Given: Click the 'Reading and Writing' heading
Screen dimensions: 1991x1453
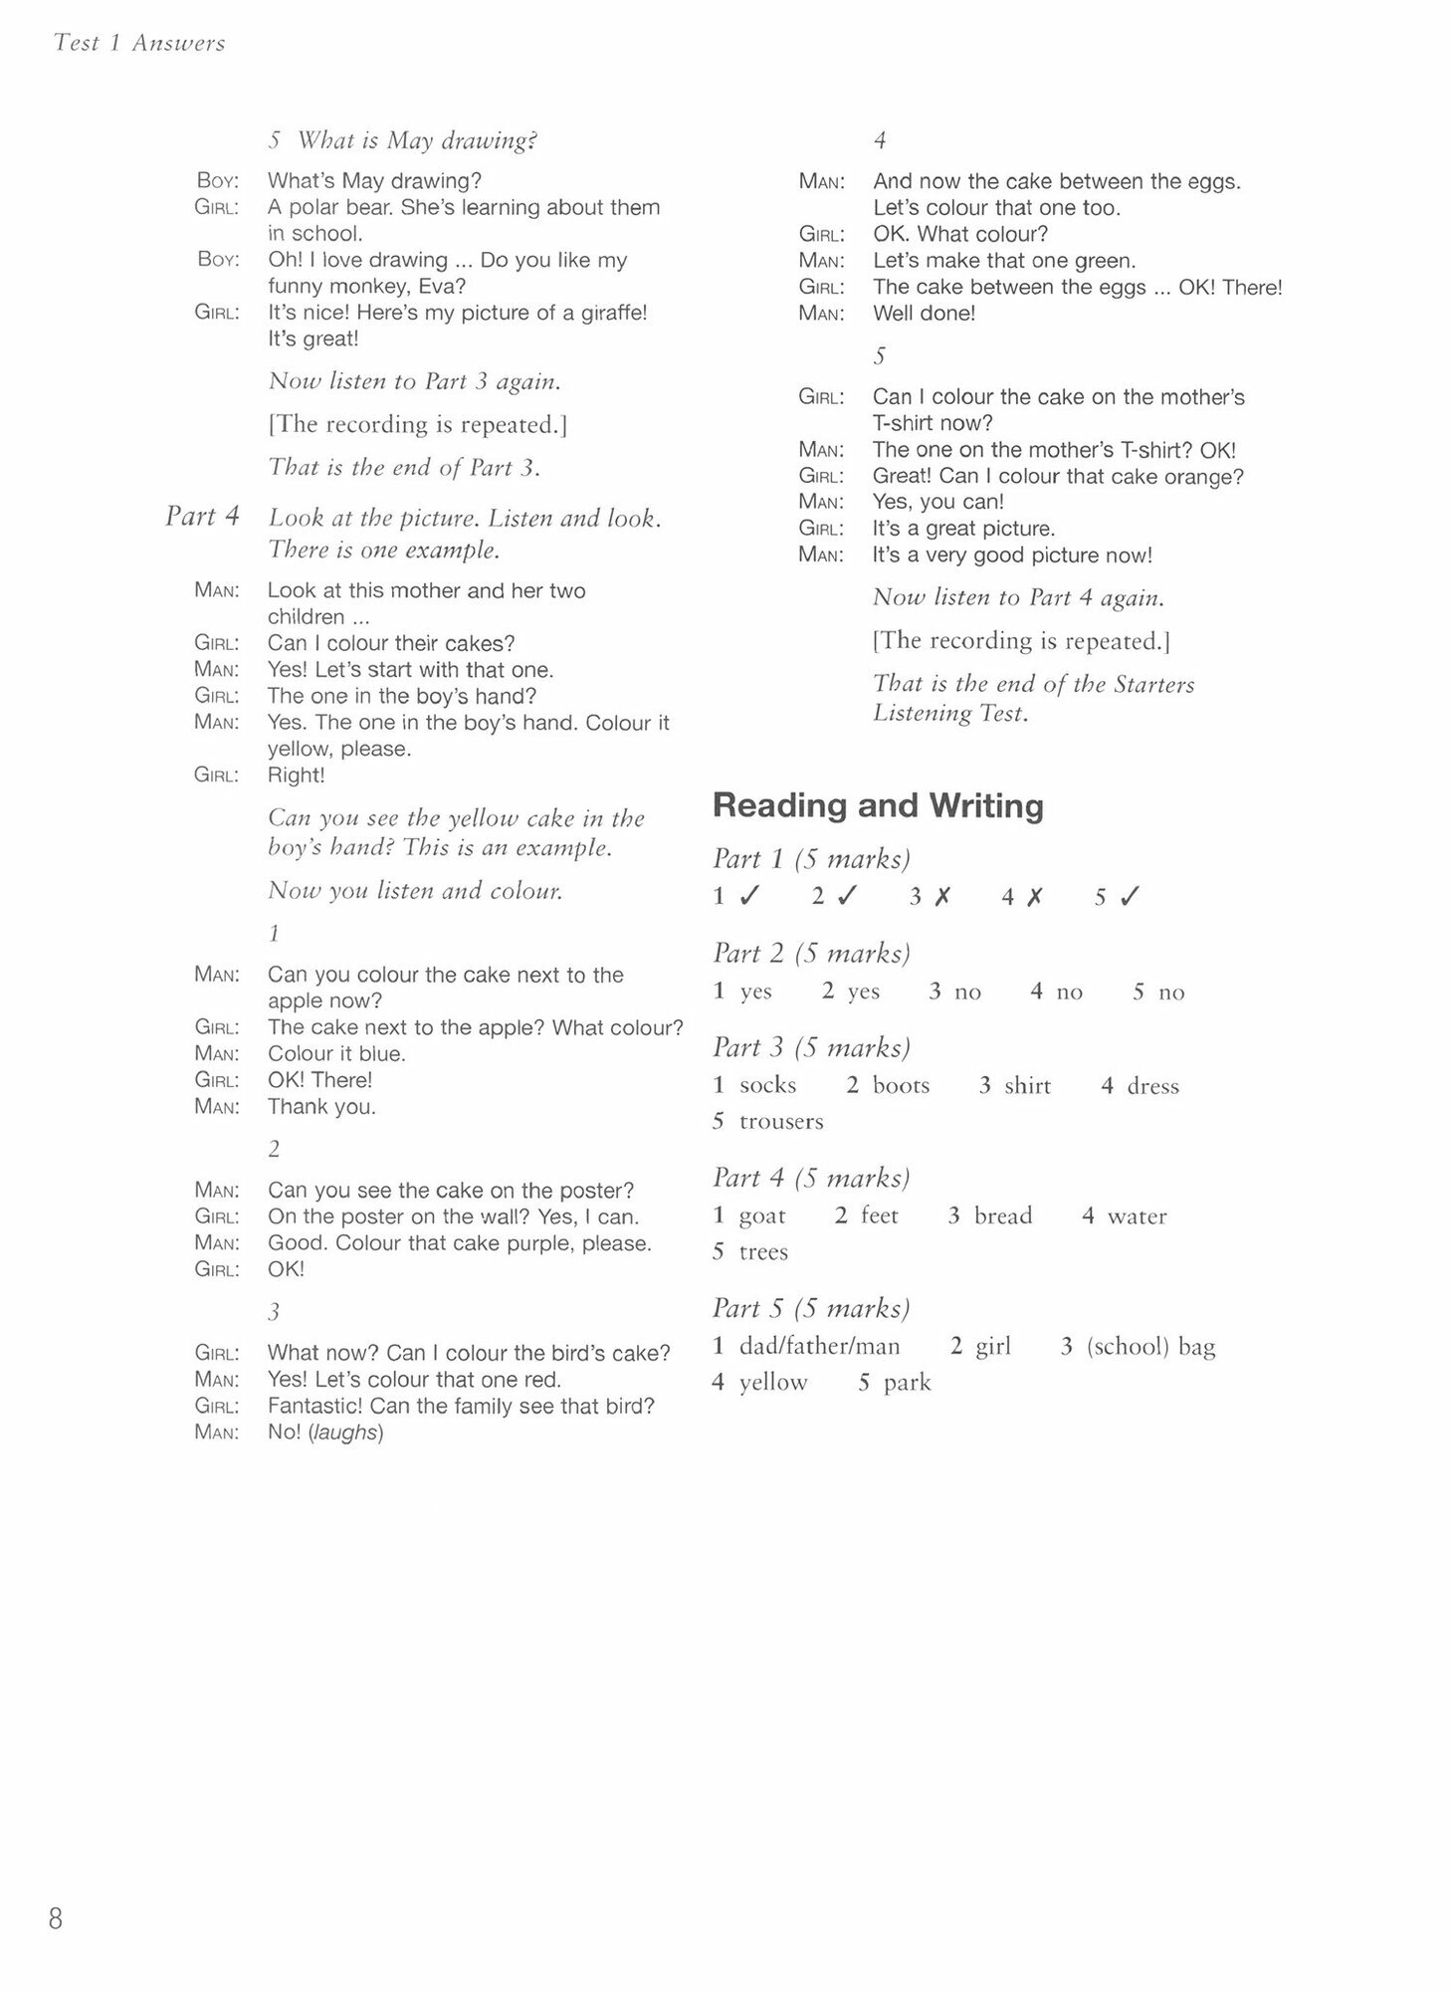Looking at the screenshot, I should pos(878,805).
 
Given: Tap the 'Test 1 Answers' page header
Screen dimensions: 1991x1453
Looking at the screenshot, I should pos(139,43).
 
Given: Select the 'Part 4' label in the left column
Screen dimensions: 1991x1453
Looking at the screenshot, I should pos(202,516).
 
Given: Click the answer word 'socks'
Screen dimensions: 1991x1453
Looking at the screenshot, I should pos(767,1085).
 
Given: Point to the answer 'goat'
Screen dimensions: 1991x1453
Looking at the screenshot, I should pos(762,1216).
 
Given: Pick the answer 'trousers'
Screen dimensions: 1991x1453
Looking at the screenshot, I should pos(781,1122).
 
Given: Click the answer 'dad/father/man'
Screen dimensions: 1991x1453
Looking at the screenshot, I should pos(819,1347).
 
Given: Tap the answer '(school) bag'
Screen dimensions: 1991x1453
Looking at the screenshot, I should pos(1150,1347).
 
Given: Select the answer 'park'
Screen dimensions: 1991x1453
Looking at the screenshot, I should pos(907,1383).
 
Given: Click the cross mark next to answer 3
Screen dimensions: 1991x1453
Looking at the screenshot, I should pos(941,897).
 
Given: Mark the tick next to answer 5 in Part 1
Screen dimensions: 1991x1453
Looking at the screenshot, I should pos(1129,897).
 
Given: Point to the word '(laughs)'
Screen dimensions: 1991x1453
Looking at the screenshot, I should pos(345,1433).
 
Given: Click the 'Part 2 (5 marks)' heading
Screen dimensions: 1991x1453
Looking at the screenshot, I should pos(811,954).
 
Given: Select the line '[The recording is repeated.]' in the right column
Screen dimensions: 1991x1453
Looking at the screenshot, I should pos(1021,641).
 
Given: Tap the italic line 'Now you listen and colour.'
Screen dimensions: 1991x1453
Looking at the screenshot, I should pos(415,891).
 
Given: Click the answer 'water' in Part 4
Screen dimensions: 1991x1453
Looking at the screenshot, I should pos(1137,1216).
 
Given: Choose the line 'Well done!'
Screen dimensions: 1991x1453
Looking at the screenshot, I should pos(924,314).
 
